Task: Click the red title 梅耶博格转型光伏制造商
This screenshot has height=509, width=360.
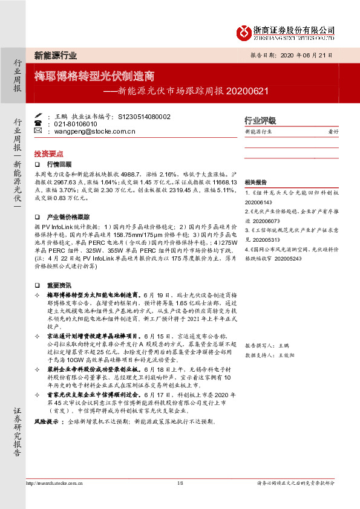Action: (x=94, y=77)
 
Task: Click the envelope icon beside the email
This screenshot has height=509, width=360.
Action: (x=39, y=131)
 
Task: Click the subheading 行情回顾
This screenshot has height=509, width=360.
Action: (x=59, y=164)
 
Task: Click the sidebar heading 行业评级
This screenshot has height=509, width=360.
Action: (x=260, y=120)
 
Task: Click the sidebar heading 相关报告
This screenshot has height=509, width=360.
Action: (x=256, y=182)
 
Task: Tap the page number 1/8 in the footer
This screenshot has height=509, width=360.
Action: (x=180, y=482)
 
